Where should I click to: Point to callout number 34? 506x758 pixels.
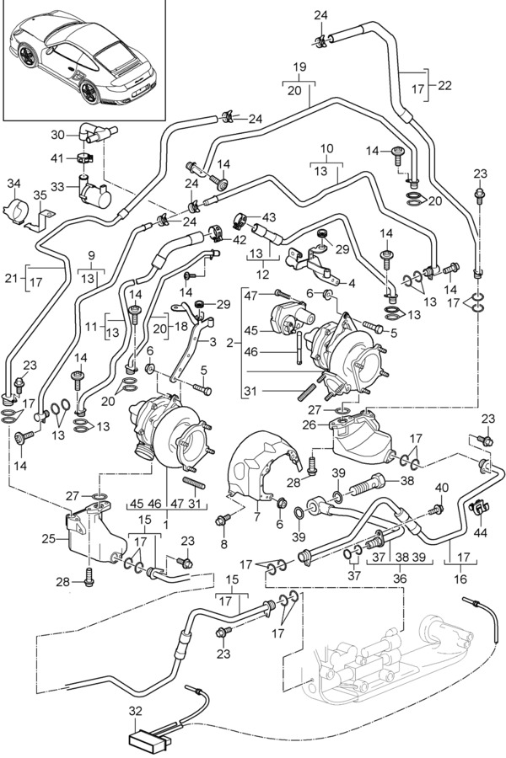(13, 184)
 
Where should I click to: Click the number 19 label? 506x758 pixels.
(299, 67)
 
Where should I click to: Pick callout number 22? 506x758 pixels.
(446, 85)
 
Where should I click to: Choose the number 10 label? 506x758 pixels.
(327, 149)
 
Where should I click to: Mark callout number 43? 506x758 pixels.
(269, 217)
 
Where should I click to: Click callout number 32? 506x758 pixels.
(136, 711)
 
